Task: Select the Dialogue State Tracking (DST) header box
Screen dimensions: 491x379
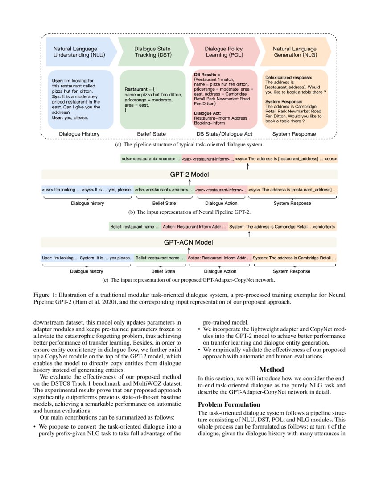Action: point(152,52)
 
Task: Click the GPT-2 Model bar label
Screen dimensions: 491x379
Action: point(189,174)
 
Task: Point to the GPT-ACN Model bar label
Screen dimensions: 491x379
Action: point(189,242)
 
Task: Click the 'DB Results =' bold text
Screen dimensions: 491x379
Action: point(207,74)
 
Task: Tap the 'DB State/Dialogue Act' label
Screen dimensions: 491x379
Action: point(224,134)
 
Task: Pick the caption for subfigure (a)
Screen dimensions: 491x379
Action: point(189,145)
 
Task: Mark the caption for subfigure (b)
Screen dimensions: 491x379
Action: point(189,212)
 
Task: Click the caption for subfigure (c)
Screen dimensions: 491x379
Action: point(189,280)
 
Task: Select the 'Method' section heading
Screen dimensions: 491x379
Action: point(272,369)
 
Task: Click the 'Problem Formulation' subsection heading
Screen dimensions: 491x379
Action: point(229,404)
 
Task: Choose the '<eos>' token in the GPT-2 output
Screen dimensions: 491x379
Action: point(331,158)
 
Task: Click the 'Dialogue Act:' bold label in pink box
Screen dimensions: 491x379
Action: point(208,113)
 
